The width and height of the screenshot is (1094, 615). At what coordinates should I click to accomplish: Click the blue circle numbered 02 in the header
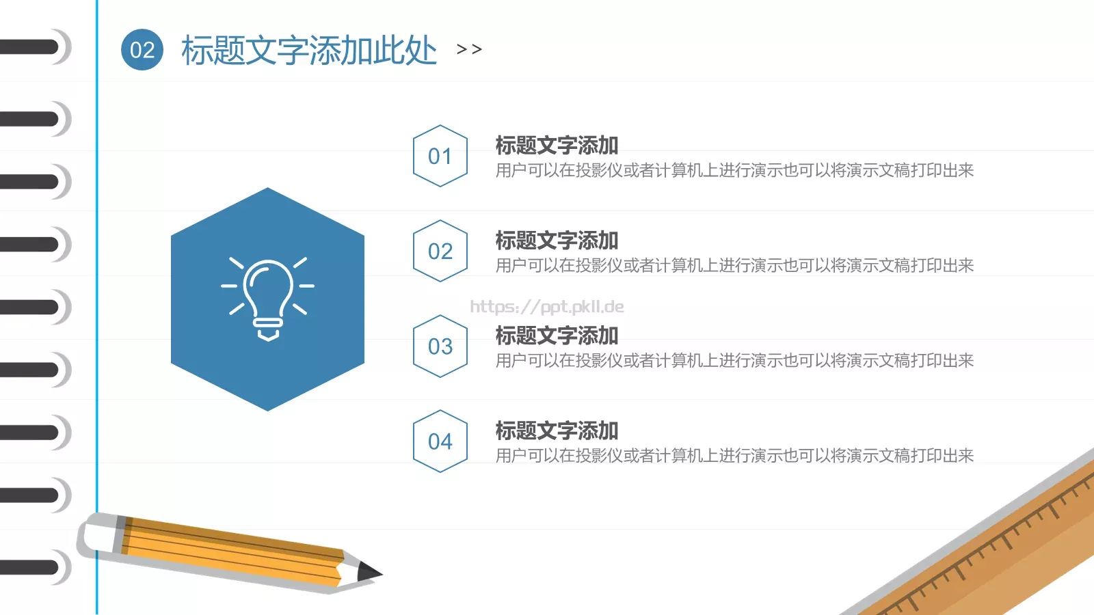[x=142, y=50]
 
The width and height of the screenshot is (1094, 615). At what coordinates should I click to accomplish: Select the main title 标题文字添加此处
[x=309, y=50]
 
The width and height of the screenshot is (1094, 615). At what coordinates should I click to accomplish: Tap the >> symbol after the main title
[x=469, y=49]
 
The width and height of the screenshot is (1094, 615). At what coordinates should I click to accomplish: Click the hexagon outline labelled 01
[x=440, y=156]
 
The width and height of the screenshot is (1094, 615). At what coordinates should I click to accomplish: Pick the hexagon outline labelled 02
[x=440, y=251]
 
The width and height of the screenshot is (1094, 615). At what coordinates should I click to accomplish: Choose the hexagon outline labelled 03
[x=440, y=346]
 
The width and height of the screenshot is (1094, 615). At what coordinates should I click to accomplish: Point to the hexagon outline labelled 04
[x=440, y=441]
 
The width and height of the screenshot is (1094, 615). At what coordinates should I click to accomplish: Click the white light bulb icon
[x=268, y=298]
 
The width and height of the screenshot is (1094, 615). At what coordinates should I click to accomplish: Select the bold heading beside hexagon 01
[x=557, y=145]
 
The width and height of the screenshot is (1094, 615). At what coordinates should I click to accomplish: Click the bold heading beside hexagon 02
[x=557, y=240]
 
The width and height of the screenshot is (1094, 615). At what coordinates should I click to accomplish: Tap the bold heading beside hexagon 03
[x=557, y=335]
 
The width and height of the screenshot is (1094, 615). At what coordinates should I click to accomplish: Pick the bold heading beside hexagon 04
[x=557, y=430]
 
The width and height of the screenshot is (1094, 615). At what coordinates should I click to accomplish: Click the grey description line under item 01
[x=734, y=170]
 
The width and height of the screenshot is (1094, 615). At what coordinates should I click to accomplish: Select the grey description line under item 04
[x=734, y=455]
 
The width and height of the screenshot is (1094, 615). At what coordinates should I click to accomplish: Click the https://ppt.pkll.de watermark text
[x=547, y=307]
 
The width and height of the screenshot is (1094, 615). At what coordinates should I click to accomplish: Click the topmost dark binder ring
[x=31, y=47]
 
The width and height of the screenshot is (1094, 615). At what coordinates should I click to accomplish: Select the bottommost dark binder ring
[x=31, y=567]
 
